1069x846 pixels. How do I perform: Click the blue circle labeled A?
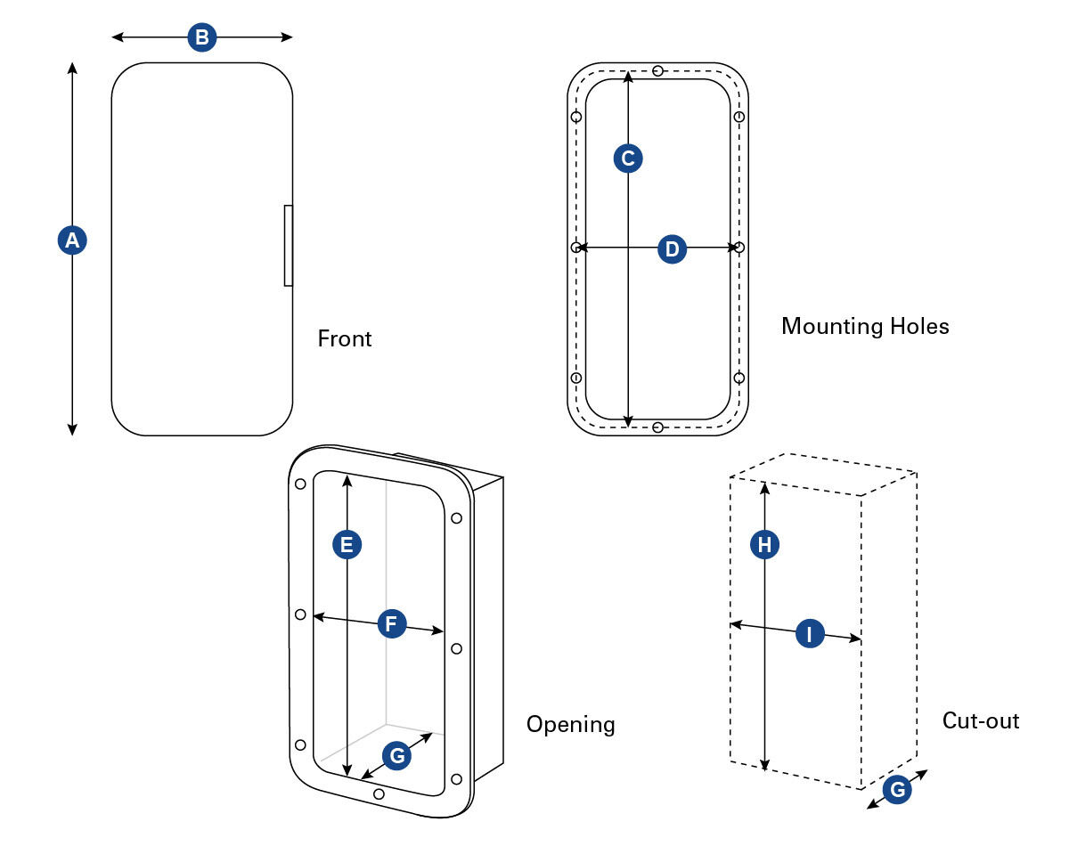(71, 240)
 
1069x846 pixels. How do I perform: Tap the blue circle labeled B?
(202, 37)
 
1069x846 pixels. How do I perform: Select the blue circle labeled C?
(628, 159)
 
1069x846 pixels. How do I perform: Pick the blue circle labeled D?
(673, 249)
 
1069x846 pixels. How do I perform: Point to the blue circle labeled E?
(347, 544)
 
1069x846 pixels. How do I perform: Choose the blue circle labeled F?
(391, 623)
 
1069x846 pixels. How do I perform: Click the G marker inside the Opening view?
(397, 756)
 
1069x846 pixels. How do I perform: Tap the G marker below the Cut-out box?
(898, 789)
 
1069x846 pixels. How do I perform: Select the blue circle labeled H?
(764, 545)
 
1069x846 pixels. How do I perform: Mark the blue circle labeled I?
(810, 634)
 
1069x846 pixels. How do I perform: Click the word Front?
(345, 339)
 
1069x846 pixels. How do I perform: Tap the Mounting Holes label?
(865, 326)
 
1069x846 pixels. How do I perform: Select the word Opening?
(570, 724)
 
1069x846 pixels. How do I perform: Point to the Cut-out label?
(981, 720)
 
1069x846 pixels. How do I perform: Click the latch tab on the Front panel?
(288, 246)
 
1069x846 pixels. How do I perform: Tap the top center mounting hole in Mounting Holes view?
(657, 70)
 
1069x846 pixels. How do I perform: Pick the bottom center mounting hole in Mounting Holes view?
(657, 428)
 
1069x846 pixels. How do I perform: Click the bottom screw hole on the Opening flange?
(379, 793)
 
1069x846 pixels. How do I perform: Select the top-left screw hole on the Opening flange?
(300, 484)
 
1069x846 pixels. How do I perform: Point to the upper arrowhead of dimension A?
(72, 67)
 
